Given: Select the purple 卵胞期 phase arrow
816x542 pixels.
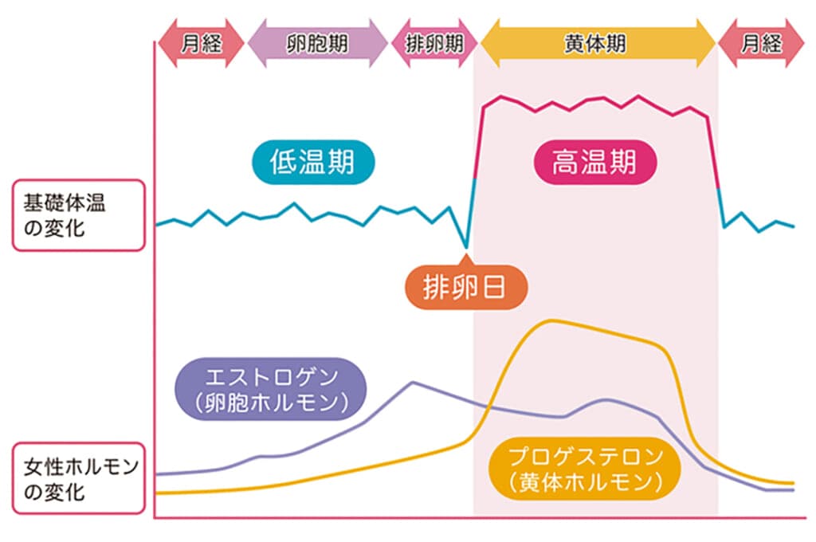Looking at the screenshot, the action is tap(317, 43).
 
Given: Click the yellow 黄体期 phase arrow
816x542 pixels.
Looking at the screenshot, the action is tap(598, 43).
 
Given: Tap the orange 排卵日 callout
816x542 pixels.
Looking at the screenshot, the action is tap(465, 287).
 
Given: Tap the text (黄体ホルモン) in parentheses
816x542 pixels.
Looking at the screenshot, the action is tap(586, 482).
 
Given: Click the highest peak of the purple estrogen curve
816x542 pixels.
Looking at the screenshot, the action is tap(413, 383).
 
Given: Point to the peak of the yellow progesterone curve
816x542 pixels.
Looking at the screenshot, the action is tap(550, 321).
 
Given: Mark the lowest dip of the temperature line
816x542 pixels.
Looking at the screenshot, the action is tap(465, 246).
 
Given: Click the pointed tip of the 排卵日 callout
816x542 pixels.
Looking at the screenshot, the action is tap(465, 257).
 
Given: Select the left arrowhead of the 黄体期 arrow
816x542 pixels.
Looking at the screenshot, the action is tap(488, 43).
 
